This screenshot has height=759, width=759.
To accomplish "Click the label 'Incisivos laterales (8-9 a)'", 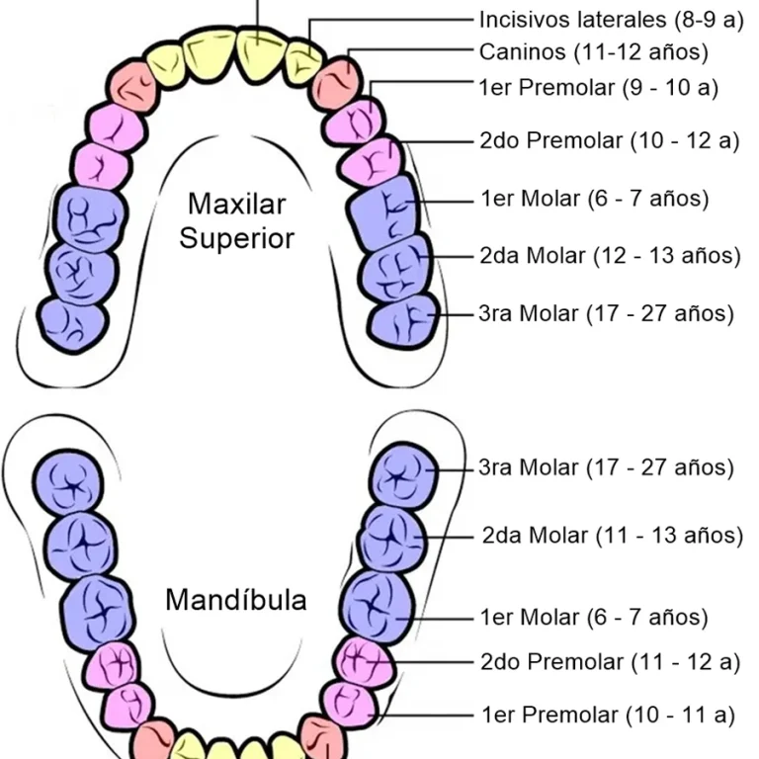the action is tap(611, 20).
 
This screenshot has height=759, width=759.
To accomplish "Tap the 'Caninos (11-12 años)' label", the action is tap(593, 51).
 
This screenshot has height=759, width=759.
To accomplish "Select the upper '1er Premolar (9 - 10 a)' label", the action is tap(598, 88).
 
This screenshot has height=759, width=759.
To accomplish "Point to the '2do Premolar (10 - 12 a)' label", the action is tap(610, 140).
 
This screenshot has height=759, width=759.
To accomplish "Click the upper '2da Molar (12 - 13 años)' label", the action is tap(610, 256).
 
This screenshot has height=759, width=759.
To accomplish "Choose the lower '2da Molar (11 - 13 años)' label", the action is tap(613, 536).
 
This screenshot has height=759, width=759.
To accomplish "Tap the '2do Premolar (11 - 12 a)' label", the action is tap(611, 662).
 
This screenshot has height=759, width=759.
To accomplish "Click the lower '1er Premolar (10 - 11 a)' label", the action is tap(609, 715).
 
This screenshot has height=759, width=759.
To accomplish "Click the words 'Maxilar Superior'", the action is tap(237, 221).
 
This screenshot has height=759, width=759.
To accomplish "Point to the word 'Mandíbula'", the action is tap(236, 600).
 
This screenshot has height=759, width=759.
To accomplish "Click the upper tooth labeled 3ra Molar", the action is tap(403, 320).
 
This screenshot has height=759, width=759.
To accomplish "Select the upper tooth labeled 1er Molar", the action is tap(382, 212).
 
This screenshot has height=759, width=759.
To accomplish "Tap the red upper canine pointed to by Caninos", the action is tap(337, 82).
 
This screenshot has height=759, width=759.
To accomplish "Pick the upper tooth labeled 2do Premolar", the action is tap(372, 162).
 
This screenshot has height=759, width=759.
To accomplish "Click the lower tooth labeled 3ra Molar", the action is tap(403, 476).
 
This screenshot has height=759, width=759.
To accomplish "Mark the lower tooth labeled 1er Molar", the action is tap(378, 607).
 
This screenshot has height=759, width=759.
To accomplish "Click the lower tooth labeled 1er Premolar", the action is tap(350, 706).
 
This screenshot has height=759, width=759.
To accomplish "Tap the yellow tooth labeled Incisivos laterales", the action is tap(303, 63).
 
